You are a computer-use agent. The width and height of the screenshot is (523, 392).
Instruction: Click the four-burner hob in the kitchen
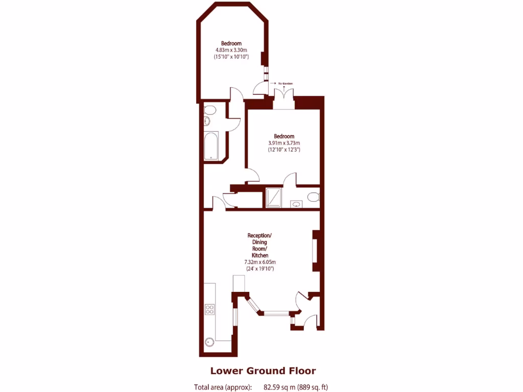click(x=209, y=309)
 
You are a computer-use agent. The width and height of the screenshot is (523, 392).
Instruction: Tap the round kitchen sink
click(x=209, y=342)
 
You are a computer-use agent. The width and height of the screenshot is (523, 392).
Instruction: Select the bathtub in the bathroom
click(x=210, y=146)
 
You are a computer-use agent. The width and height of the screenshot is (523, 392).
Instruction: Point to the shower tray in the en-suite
click(x=273, y=198)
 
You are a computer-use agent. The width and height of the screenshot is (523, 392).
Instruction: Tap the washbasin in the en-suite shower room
click(x=296, y=205)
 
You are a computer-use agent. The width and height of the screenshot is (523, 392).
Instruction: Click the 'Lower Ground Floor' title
click(x=263, y=371)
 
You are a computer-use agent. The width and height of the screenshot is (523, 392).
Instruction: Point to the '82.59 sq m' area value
click(x=280, y=387)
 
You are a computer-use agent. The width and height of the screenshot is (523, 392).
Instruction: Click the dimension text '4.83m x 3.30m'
click(x=231, y=50)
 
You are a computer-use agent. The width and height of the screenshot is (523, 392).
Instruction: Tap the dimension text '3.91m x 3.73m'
click(x=284, y=143)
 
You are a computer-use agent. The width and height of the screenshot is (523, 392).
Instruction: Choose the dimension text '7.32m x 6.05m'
click(x=259, y=262)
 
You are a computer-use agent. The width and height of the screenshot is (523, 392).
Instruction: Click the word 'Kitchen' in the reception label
click(x=259, y=255)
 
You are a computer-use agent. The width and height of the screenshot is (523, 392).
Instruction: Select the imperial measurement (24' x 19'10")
click(x=259, y=268)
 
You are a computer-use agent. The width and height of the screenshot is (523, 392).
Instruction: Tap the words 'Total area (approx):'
click(x=223, y=387)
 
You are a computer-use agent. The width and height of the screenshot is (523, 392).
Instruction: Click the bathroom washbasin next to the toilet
click(x=206, y=121)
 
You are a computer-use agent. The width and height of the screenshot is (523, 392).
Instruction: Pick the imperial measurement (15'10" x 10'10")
click(x=231, y=57)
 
